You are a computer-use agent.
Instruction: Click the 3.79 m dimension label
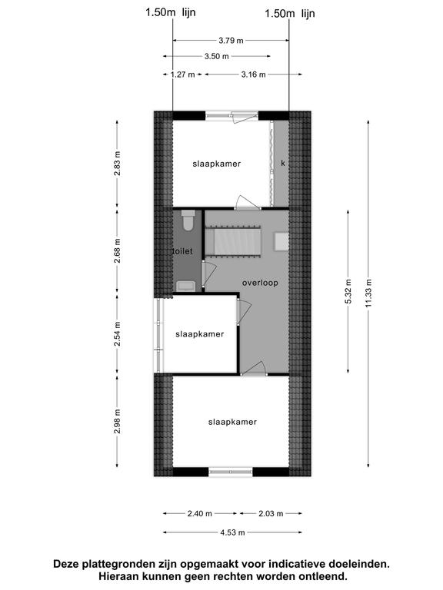pyautogui.click(x=231, y=41)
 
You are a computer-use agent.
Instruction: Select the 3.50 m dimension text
pyautogui.click(x=217, y=56)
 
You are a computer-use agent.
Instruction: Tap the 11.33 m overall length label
pyautogui.click(x=368, y=293)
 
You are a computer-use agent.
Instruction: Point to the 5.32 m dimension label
pyautogui.click(x=348, y=292)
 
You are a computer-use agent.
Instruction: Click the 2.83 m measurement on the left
pyautogui.click(x=118, y=164)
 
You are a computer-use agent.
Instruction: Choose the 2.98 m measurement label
pyautogui.click(x=118, y=421)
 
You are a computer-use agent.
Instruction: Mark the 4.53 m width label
pyautogui.click(x=232, y=532)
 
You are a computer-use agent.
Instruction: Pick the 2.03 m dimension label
pyautogui.click(x=271, y=513)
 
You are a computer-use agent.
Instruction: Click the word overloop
pyautogui.click(x=260, y=283)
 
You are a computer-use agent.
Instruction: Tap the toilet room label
pyautogui.click(x=183, y=251)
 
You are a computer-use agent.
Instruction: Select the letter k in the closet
pyautogui.click(x=283, y=164)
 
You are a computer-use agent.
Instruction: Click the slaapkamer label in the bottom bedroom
pyautogui.click(x=232, y=423)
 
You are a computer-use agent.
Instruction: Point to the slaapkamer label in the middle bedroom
pyautogui.click(x=200, y=334)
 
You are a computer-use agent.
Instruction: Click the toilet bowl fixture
pyautogui.click(x=188, y=220)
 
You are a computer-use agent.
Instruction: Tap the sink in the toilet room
pyautogui.click(x=186, y=286)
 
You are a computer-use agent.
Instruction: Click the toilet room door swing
pyautogui.click(x=209, y=273)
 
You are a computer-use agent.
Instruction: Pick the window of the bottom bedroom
pyautogui.click(x=231, y=472)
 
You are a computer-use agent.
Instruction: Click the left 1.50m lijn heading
pyautogui.click(x=171, y=12)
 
